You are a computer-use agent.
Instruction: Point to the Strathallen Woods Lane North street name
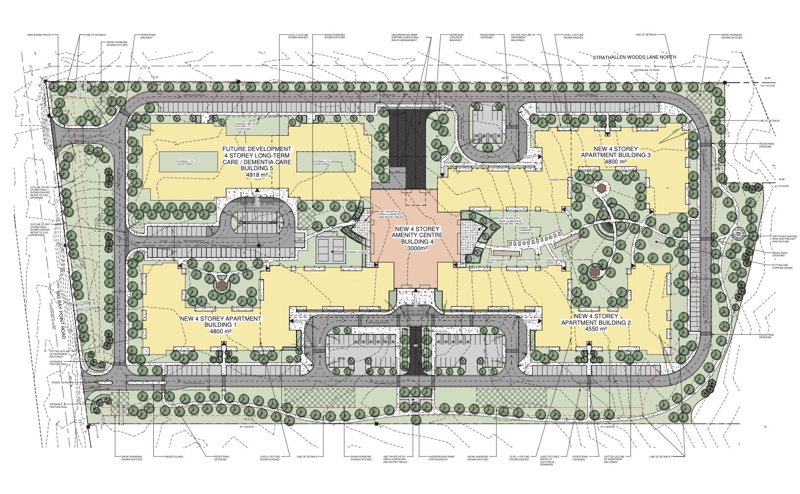[641, 57]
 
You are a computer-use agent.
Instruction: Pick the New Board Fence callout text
[39, 35]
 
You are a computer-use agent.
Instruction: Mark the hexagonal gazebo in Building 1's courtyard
[221, 285]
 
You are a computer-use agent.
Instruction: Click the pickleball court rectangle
[330, 247]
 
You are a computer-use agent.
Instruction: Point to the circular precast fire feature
[738, 234]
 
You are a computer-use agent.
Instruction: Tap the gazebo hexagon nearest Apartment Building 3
[602, 187]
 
